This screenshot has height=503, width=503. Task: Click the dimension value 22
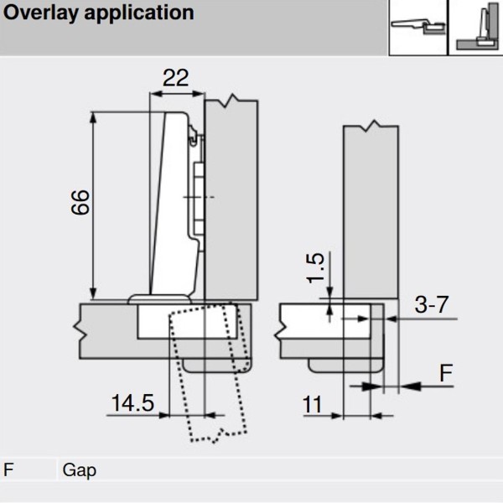pyautogui.click(x=175, y=78)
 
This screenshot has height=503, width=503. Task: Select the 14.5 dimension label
pyautogui.click(x=132, y=403)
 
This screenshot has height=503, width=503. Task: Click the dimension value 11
pyautogui.click(x=313, y=406)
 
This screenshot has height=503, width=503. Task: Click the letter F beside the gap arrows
pyautogui.click(x=447, y=372)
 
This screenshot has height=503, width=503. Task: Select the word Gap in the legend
pyautogui.click(x=79, y=469)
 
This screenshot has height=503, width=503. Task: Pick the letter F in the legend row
pyautogui.click(x=8, y=469)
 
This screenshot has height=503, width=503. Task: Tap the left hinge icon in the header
pyautogui.click(x=417, y=28)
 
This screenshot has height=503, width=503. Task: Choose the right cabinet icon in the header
pyautogui.click(x=475, y=28)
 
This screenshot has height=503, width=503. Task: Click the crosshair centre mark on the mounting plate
pyautogui.click(x=196, y=197)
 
